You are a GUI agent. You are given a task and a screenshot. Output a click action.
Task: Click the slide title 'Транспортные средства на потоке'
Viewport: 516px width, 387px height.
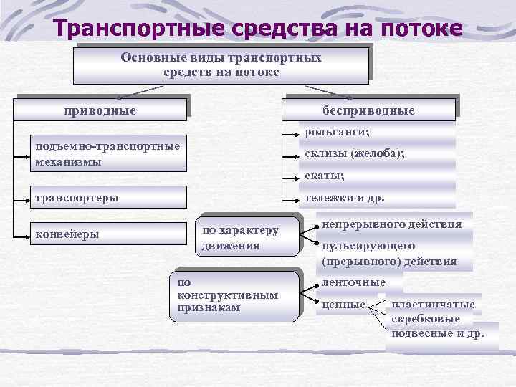(x=258, y=29)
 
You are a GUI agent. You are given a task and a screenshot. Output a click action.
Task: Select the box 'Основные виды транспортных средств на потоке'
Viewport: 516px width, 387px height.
(x=221, y=64)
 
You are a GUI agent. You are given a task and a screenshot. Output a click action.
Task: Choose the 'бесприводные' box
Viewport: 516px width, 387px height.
(x=368, y=110)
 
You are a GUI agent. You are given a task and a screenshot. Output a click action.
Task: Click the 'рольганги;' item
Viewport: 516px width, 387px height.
(x=337, y=132)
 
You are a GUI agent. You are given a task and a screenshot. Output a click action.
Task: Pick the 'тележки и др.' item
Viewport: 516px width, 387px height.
(x=344, y=198)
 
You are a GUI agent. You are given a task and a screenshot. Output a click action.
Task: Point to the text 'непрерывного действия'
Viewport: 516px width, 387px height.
(x=391, y=224)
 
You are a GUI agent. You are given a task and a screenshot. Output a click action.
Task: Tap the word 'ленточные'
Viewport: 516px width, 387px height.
(x=354, y=282)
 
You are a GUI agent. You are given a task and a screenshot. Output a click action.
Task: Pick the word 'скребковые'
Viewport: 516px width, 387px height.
(x=426, y=319)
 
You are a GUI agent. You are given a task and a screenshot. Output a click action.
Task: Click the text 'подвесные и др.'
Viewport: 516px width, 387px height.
(x=438, y=333)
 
